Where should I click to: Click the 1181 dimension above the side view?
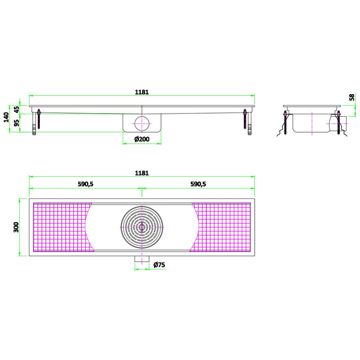click(141, 92)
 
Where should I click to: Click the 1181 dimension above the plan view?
click(141, 173)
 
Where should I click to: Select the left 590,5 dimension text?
click(86, 184)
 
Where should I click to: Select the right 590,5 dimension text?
click(198, 184)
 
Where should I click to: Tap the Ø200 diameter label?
click(141, 139)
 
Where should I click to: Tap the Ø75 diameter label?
click(159, 265)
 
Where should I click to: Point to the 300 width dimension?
click(16, 227)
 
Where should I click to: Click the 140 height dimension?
click(6, 117)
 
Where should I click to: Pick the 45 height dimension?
click(17, 109)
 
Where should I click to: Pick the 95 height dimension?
click(17, 123)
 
